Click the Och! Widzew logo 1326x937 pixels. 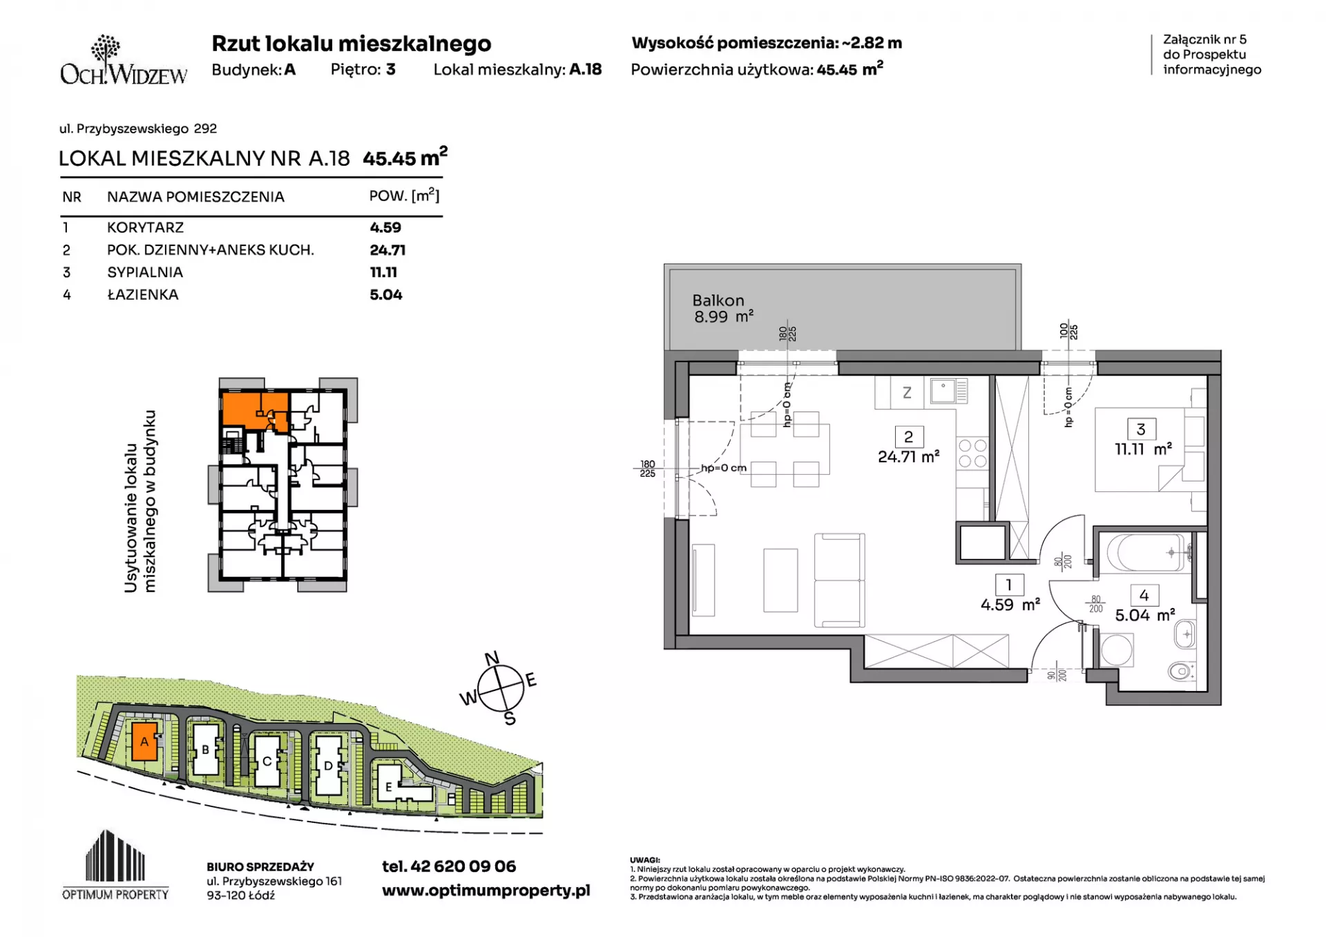(x=124, y=60)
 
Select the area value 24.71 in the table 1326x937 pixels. (x=387, y=250)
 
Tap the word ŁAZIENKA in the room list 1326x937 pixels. (x=143, y=295)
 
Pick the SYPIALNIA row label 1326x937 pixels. (x=145, y=272)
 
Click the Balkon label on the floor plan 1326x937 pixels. (x=718, y=301)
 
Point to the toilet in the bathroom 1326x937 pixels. (x=1182, y=670)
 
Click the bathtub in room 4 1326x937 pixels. (x=1147, y=553)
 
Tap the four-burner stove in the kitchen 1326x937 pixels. (x=972, y=453)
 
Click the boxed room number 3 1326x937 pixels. (x=1141, y=429)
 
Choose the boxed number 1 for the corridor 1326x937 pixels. (x=1009, y=585)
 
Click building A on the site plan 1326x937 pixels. (x=144, y=742)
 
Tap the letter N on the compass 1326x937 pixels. (x=492, y=659)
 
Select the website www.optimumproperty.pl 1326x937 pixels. (x=486, y=891)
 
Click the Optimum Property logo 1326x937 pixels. (x=115, y=865)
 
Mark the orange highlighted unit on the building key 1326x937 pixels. (x=254, y=410)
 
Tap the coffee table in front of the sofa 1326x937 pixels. (x=780, y=580)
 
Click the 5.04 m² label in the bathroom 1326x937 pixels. (x=1145, y=615)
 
